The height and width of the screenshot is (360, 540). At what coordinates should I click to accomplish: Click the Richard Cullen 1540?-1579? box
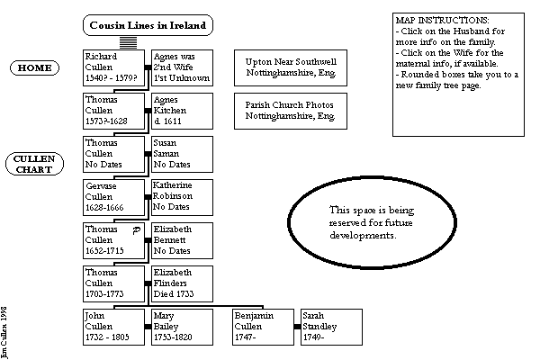[x=113, y=67]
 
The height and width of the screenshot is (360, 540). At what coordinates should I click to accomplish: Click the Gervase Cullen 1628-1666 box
[x=113, y=196]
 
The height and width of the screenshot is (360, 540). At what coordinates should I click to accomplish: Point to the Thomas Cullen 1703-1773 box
[x=113, y=283]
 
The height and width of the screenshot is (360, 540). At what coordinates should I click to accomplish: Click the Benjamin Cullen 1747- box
[x=261, y=327]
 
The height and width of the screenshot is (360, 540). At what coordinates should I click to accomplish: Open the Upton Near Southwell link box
[x=290, y=67]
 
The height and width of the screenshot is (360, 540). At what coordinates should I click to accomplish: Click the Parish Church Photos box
[x=290, y=111]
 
